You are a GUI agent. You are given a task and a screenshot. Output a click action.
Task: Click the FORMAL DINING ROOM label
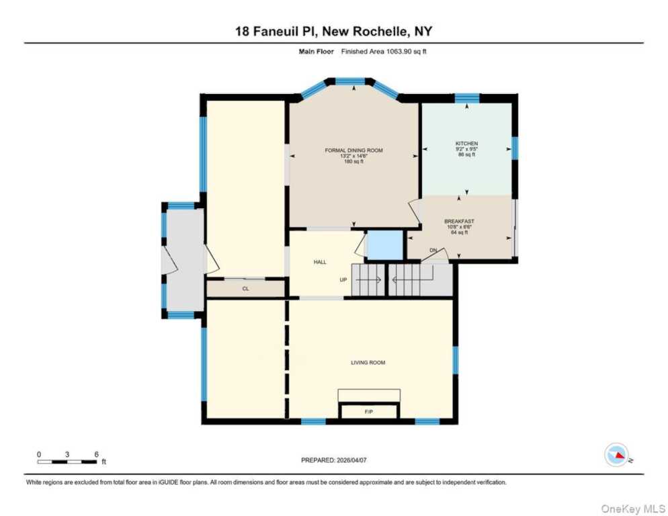[x=353, y=150]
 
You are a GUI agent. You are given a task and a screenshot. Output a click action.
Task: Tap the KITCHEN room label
[x=466, y=144]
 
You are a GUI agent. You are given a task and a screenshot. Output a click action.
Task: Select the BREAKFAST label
[x=459, y=221]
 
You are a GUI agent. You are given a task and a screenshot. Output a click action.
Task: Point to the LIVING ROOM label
[x=368, y=363]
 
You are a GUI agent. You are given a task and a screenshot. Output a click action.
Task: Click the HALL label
[x=320, y=262]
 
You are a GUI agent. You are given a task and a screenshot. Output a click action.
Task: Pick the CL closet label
[x=245, y=289]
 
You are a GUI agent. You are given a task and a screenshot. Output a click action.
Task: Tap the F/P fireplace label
[x=369, y=412]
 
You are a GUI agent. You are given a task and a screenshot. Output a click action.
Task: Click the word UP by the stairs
[x=343, y=280]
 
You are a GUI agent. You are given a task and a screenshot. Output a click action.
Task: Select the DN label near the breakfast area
[x=433, y=250]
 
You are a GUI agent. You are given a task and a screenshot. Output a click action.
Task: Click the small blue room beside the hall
[x=384, y=245]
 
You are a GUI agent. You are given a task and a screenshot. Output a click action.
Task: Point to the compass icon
[x=617, y=455]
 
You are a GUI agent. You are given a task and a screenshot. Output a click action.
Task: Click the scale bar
[x=67, y=462]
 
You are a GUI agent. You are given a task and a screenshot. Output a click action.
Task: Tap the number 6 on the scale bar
[x=97, y=454]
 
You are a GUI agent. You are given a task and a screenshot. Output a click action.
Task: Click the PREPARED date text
[x=333, y=460]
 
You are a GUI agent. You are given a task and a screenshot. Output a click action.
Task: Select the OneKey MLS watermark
[x=633, y=509]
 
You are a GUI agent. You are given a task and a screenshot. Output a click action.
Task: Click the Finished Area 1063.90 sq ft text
[x=384, y=52]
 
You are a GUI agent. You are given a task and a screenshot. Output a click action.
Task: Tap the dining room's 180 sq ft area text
[x=353, y=161]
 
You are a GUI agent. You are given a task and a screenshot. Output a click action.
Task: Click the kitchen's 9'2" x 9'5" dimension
[x=466, y=149]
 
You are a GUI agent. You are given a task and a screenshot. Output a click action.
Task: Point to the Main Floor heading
[x=316, y=52]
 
